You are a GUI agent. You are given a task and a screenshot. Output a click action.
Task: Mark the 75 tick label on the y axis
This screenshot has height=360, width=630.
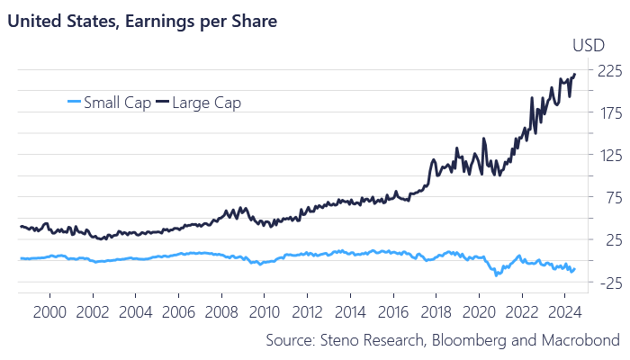pyautogui.click(x=608, y=197)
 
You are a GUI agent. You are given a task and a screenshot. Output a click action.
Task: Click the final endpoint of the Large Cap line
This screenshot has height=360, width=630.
pyautogui.click(x=575, y=75)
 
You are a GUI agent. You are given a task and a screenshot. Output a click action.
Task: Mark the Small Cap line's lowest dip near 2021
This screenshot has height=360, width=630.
pyautogui.click(x=497, y=274)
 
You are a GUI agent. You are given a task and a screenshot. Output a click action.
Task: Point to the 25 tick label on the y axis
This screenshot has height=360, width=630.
pyautogui.click(x=608, y=239)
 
